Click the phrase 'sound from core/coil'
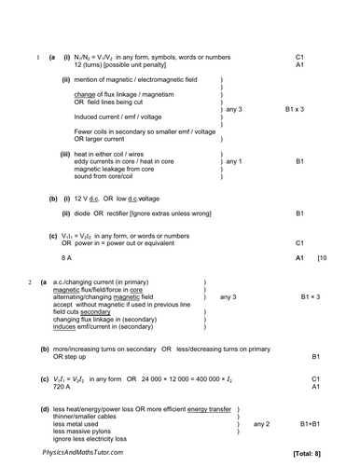(x=108, y=176)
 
